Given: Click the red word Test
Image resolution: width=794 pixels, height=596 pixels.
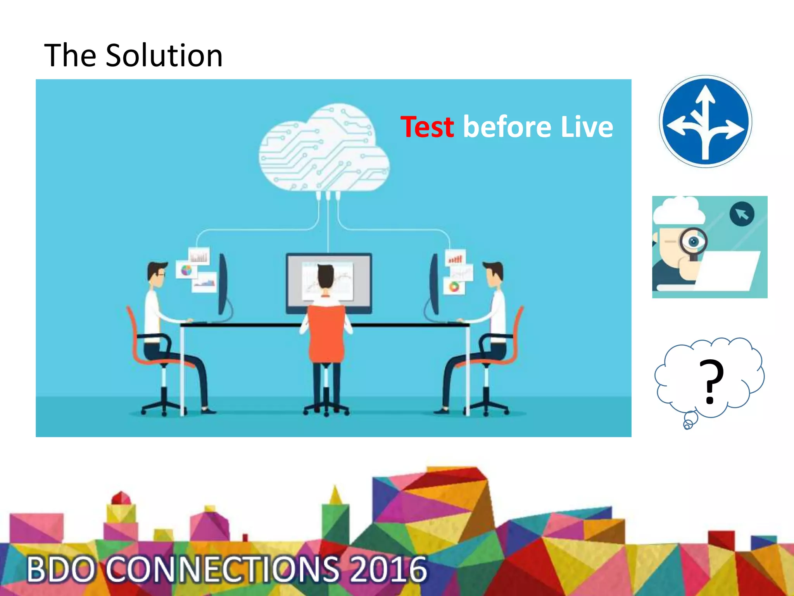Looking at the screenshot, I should tap(427, 127).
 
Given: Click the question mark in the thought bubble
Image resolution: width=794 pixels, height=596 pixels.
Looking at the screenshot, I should tap(711, 381).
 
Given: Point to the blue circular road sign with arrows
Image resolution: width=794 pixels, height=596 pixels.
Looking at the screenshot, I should tap(706, 121).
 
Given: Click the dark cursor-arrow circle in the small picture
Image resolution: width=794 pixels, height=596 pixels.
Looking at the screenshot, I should tap(742, 214).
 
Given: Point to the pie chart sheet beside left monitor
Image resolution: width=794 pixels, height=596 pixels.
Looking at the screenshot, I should tap(186, 270).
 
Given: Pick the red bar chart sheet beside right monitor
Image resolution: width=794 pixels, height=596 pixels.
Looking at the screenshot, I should tap(456, 257).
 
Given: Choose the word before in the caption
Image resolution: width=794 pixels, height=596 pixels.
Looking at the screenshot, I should tap(507, 127).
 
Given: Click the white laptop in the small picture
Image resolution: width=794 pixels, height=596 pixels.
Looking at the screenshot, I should tap(725, 270).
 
